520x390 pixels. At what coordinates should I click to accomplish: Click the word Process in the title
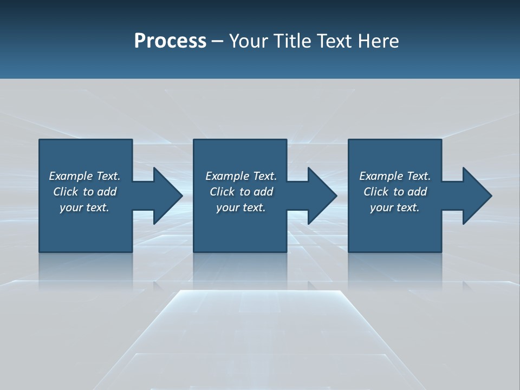[170, 41]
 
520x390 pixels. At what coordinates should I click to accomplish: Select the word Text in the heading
[336, 41]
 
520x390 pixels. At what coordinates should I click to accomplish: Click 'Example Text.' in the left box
[84, 176]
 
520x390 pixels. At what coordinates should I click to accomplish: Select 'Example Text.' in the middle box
[241, 176]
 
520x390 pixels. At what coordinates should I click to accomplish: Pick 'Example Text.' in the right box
[395, 176]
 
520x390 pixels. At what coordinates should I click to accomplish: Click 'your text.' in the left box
[84, 207]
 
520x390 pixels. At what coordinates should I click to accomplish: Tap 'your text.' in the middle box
[241, 207]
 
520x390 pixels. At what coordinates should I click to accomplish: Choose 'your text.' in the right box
[395, 207]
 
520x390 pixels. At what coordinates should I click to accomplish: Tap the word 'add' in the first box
[107, 192]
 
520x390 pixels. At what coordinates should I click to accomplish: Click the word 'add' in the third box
[417, 192]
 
